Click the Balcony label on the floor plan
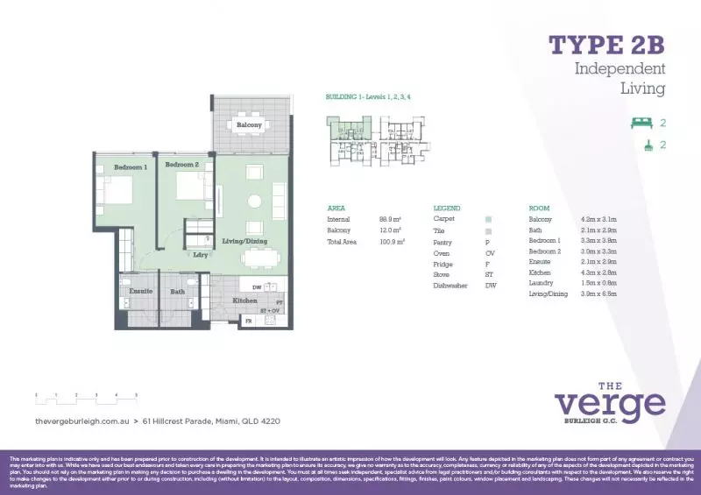[x=249, y=125]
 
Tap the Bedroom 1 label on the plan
[x=130, y=166]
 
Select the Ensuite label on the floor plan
[x=141, y=290]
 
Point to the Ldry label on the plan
[x=200, y=255]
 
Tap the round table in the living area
[x=254, y=201]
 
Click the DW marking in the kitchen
[x=256, y=286]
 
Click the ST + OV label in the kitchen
[x=271, y=309]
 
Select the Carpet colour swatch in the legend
[x=488, y=218]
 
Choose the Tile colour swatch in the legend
[x=488, y=230]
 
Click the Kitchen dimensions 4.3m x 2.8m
[x=598, y=272]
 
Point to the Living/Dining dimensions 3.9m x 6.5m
[x=598, y=294]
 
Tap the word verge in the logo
[x=609, y=404]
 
